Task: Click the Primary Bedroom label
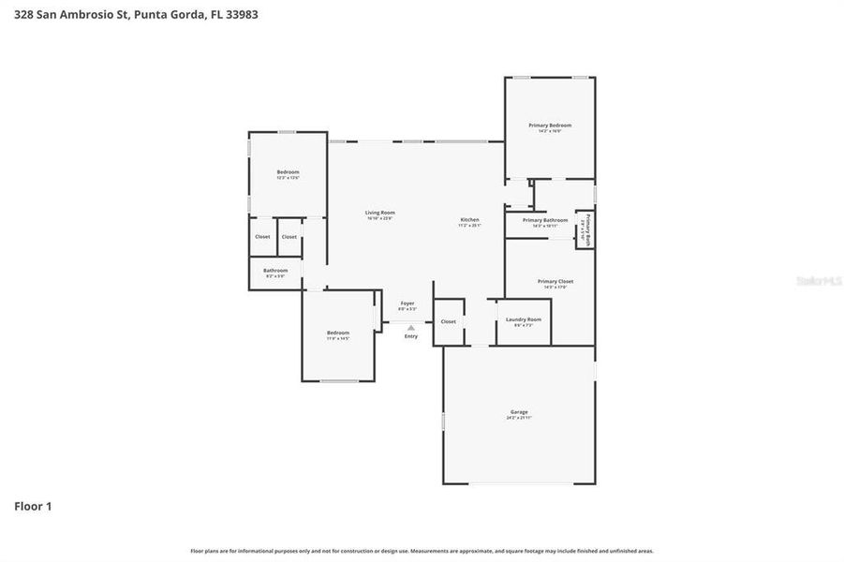pyautogui.click(x=550, y=125)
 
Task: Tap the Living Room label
pyautogui.click(x=379, y=213)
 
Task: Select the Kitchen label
pyautogui.click(x=469, y=220)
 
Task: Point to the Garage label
pyautogui.click(x=519, y=412)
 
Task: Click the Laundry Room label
pyautogui.click(x=524, y=319)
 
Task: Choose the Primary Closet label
pyautogui.click(x=555, y=281)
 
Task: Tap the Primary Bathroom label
pyautogui.click(x=545, y=220)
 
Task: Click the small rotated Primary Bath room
pyautogui.click(x=585, y=229)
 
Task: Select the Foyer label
pyautogui.click(x=407, y=303)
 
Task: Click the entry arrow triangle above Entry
pyautogui.click(x=410, y=327)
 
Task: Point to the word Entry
pyautogui.click(x=411, y=335)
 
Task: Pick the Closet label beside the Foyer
pyautogui.click(x=449, y=321)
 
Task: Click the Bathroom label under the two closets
pyautogui.click(x=275, y=271)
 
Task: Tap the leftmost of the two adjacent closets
pyautogui.click(x=262, y=236)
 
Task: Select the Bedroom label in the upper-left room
pyautogui.click(x=288, y=171)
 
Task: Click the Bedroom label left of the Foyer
pyautogui.click(x=338, y=333)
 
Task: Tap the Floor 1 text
pyautogui.click(x=33, y=507)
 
